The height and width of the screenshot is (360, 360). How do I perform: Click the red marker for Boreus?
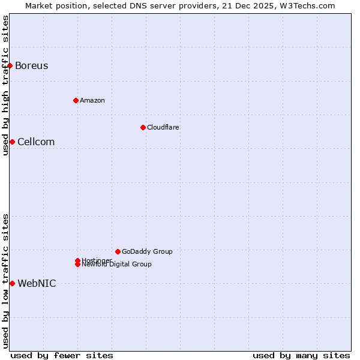(x=10, y=65)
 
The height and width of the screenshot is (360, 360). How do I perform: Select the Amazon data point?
(x=76, y=100)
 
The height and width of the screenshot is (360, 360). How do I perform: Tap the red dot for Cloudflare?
(x=143, y=127)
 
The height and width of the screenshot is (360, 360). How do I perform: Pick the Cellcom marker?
(x=12, y=142)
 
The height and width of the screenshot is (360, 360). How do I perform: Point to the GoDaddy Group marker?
(x=118, y=251)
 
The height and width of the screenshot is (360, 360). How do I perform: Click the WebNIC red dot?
(x=12, y=283)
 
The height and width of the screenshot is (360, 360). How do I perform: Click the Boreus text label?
(x=32, y=65)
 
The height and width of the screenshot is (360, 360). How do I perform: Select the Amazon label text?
(x=92, y=100)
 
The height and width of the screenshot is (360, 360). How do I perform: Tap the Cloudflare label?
(x=163, y=127)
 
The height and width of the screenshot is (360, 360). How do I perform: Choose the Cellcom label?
(x=36, y=142)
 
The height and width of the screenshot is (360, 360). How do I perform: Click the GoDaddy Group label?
(x=147, y=251)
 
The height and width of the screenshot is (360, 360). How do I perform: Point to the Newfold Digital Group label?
(x=117, y=265)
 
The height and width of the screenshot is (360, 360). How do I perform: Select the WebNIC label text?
(x=37, y=283)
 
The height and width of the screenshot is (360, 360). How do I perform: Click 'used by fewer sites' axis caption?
(x=62, y=355)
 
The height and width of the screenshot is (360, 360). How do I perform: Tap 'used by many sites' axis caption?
(x=301, y=355)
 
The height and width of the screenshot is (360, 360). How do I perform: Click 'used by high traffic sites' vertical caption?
(x=6, y=85)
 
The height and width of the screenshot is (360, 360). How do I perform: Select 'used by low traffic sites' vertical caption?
(x=6, y=281)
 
